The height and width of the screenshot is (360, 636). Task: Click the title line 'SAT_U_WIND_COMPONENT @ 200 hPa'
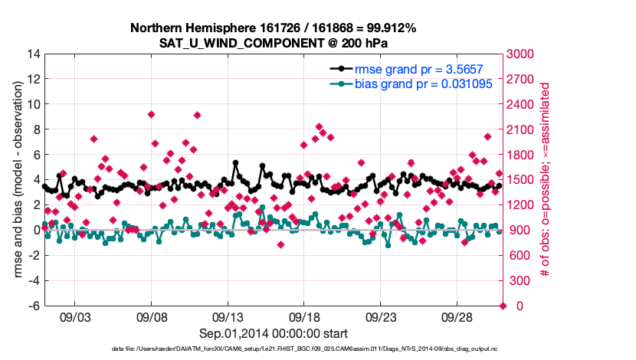pos(274,43)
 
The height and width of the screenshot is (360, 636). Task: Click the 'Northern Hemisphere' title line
pos(274,28)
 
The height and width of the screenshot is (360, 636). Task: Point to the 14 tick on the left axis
pos(34,54)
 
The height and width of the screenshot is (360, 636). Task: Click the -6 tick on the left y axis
pos(34,306)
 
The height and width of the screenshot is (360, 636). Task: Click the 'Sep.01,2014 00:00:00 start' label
pos(274,333)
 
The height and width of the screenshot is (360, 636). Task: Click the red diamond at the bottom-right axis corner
pos(503,306)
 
